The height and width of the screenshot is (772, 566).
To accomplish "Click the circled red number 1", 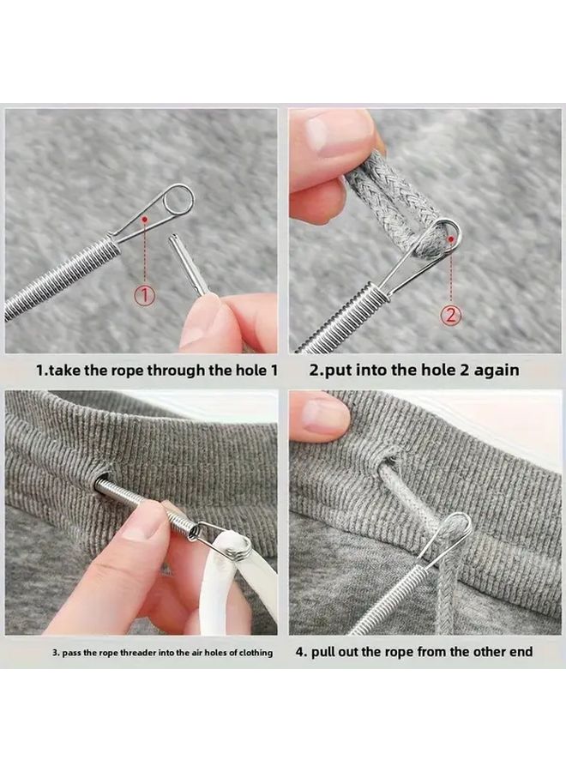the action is [145, 295].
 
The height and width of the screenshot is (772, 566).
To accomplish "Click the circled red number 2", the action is [452, 314].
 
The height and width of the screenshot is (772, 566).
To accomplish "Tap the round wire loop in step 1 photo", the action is [178, 198].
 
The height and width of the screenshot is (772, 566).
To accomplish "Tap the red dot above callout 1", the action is [145, 218].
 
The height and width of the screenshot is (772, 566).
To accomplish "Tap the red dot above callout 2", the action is [451, 238].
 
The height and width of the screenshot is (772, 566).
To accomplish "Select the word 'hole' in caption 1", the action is [249, 370].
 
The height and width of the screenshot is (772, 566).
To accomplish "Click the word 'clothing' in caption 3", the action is [255, 653].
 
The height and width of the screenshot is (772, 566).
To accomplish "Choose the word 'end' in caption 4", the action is [521, 652].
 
